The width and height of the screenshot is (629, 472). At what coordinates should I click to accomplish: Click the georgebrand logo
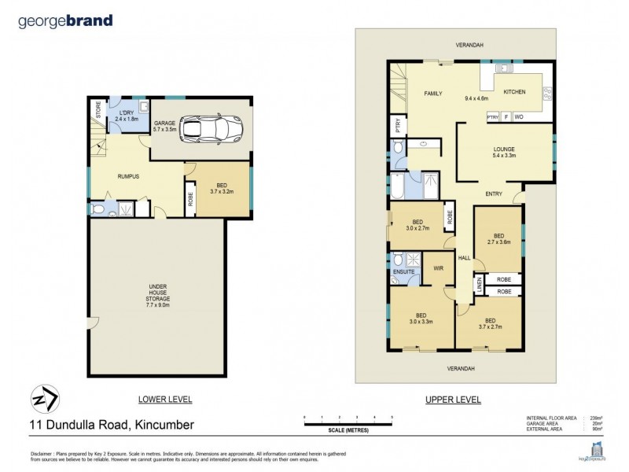(65, 21)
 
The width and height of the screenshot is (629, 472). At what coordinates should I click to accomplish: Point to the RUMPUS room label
(128, 176)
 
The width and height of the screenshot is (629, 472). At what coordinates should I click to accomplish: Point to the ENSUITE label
(403, 271)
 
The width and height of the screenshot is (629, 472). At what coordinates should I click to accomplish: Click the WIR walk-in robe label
(438, 267)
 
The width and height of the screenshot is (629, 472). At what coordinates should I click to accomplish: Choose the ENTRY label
(494, 194)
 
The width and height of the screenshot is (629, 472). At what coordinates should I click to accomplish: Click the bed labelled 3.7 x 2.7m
(490, 323)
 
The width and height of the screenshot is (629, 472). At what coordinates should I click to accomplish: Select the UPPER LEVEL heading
(453, 400)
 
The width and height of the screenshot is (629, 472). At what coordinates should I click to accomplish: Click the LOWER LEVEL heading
(164, 400)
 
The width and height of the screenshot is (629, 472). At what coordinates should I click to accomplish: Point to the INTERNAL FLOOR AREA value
(597, 418)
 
